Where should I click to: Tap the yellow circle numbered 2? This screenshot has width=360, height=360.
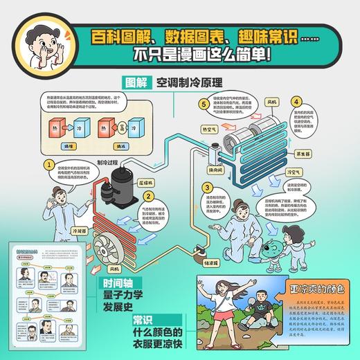click(x=147, y=197)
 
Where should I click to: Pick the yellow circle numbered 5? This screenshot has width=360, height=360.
click(x=204, y=105)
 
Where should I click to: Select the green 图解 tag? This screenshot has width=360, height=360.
click(x=136, y=80)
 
